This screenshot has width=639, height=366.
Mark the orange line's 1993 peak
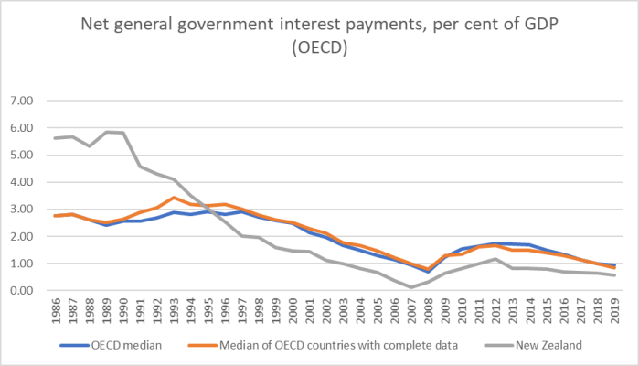point(175,198)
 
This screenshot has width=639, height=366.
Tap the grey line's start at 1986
point(57,138)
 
